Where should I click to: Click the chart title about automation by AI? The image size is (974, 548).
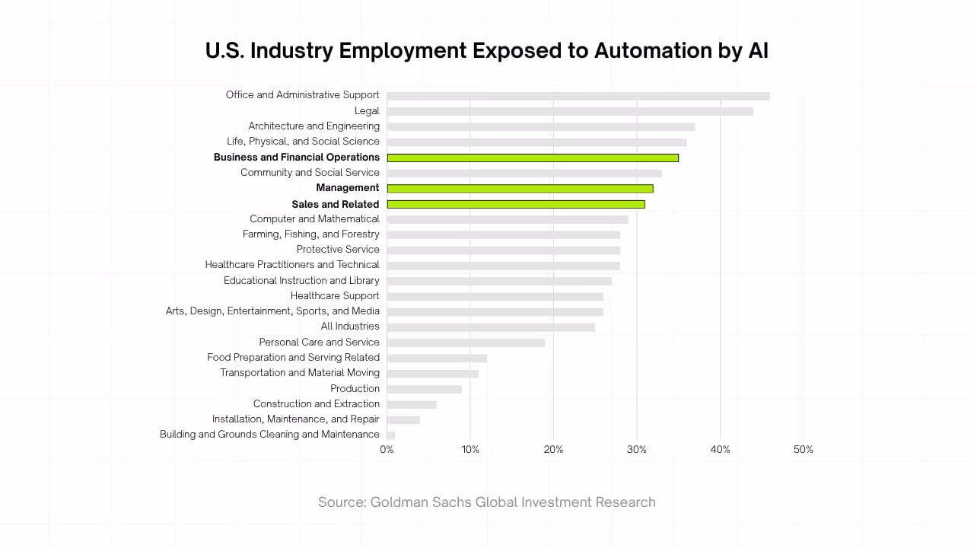487,50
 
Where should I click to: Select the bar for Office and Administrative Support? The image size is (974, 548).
578,96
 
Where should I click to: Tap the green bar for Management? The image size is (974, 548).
520,188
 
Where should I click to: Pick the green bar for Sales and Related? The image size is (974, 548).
516,204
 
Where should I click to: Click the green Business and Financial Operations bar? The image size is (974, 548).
533,158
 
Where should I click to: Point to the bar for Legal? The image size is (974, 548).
570,111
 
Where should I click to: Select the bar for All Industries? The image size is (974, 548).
491,327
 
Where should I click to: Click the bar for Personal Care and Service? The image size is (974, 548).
466,342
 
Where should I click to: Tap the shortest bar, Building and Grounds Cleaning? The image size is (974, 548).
391,435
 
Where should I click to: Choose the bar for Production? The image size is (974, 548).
424,389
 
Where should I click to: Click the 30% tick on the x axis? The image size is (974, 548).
637,450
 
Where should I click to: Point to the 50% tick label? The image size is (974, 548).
804,450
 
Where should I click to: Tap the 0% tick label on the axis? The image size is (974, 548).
387,450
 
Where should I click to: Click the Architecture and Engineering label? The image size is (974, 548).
314,126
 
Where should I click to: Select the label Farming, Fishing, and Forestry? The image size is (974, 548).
310,234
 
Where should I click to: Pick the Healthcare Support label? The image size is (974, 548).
335,296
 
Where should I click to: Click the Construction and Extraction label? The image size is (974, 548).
316,404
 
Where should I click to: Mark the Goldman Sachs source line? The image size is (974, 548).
487,502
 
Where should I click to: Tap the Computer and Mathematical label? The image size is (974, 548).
314,219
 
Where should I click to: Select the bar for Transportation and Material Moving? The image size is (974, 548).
432,374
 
